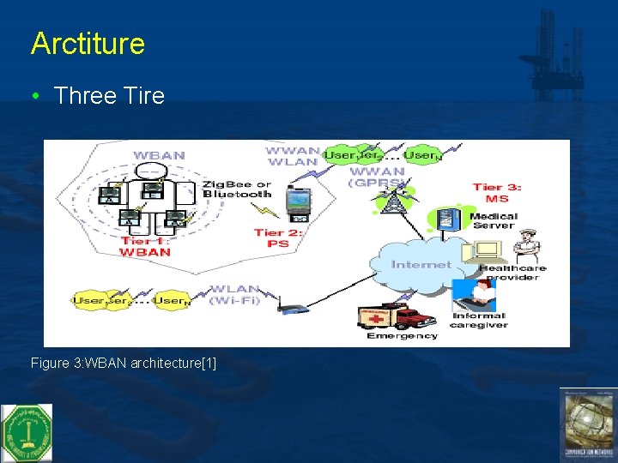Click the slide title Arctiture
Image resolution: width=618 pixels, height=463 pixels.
[x=88, y=44]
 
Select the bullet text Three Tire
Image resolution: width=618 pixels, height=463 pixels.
[x=109, y=95]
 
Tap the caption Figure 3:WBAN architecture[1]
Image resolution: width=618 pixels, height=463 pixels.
[x=124, y=364]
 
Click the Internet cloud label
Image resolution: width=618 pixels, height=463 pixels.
[x=421, y=264]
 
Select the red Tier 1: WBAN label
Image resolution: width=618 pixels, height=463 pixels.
[x=145, y=246]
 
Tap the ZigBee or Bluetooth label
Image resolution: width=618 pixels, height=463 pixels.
[x=237, y=189]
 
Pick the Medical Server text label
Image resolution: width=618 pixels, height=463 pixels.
[x=494, y=221]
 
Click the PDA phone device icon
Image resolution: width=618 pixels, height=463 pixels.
[x=297, y=202]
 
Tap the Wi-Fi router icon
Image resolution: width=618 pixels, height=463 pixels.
[x=291, y=306]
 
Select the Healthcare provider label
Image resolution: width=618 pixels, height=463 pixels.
[x=512, y=272]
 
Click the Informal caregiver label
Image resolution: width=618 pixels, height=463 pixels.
[x=478, y=320]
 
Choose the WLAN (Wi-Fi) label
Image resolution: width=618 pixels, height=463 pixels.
[x=237, y=294]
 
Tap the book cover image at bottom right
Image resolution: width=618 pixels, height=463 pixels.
[x=588, y=424]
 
